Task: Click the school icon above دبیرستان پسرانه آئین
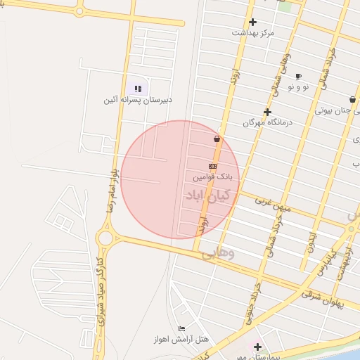pyautogui.click(x=138, y=89)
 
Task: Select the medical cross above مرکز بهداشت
pyautogui.click(x=253, y=22)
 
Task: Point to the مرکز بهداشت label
pyautogui.click(x=253, y=32)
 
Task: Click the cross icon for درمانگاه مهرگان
pyautogui.click(x=267, y=112)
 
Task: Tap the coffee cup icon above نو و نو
pyautogui.click(x=298, y=76)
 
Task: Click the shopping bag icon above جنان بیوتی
pyautogui.click(x=352, y=100)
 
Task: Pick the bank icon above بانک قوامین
pyautogui.click(x=212, y=165)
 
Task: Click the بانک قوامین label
pyautogui.click(x=215, y=176)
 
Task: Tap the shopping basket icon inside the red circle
pyautogui.click(x=217, y=139)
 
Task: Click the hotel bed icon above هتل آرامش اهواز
pyautogui.click(x=182, y=328)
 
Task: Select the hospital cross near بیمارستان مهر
pyautogui.click(x=257, y=347)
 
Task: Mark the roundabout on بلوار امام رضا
pyautogui.click(x=106, y=238)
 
